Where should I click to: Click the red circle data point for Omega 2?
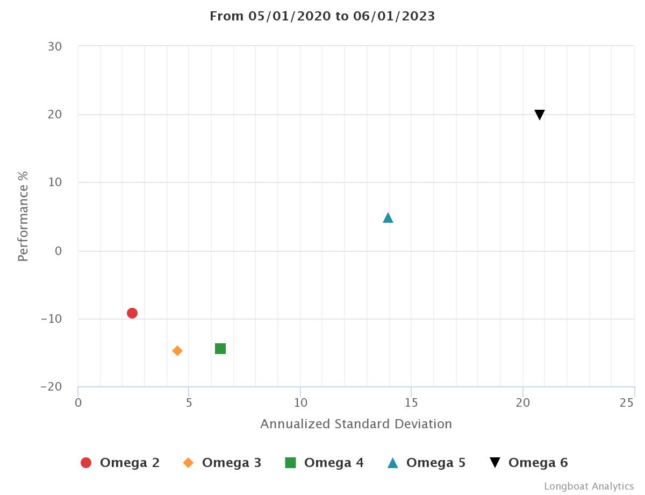tap(132, 313)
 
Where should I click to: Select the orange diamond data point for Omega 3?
tap(177, 351)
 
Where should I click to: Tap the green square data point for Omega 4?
tap(220, 349)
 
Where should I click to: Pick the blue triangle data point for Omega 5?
tap(388, 218)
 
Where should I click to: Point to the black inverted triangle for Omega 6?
tap(540, 115)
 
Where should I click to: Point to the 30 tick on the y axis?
tap(54, 47)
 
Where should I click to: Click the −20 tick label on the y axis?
tap(51, 387)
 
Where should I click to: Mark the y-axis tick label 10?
tap(54, 183)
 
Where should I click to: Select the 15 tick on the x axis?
tap(411, 402)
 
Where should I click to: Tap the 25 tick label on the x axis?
tap(627, 402)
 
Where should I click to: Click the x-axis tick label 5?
tap(189, 402)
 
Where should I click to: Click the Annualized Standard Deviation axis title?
tap(356, 424)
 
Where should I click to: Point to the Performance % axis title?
tap(23, 216)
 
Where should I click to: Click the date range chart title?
tap(322, 16)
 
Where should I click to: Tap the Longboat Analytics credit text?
tap(589, 486)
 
